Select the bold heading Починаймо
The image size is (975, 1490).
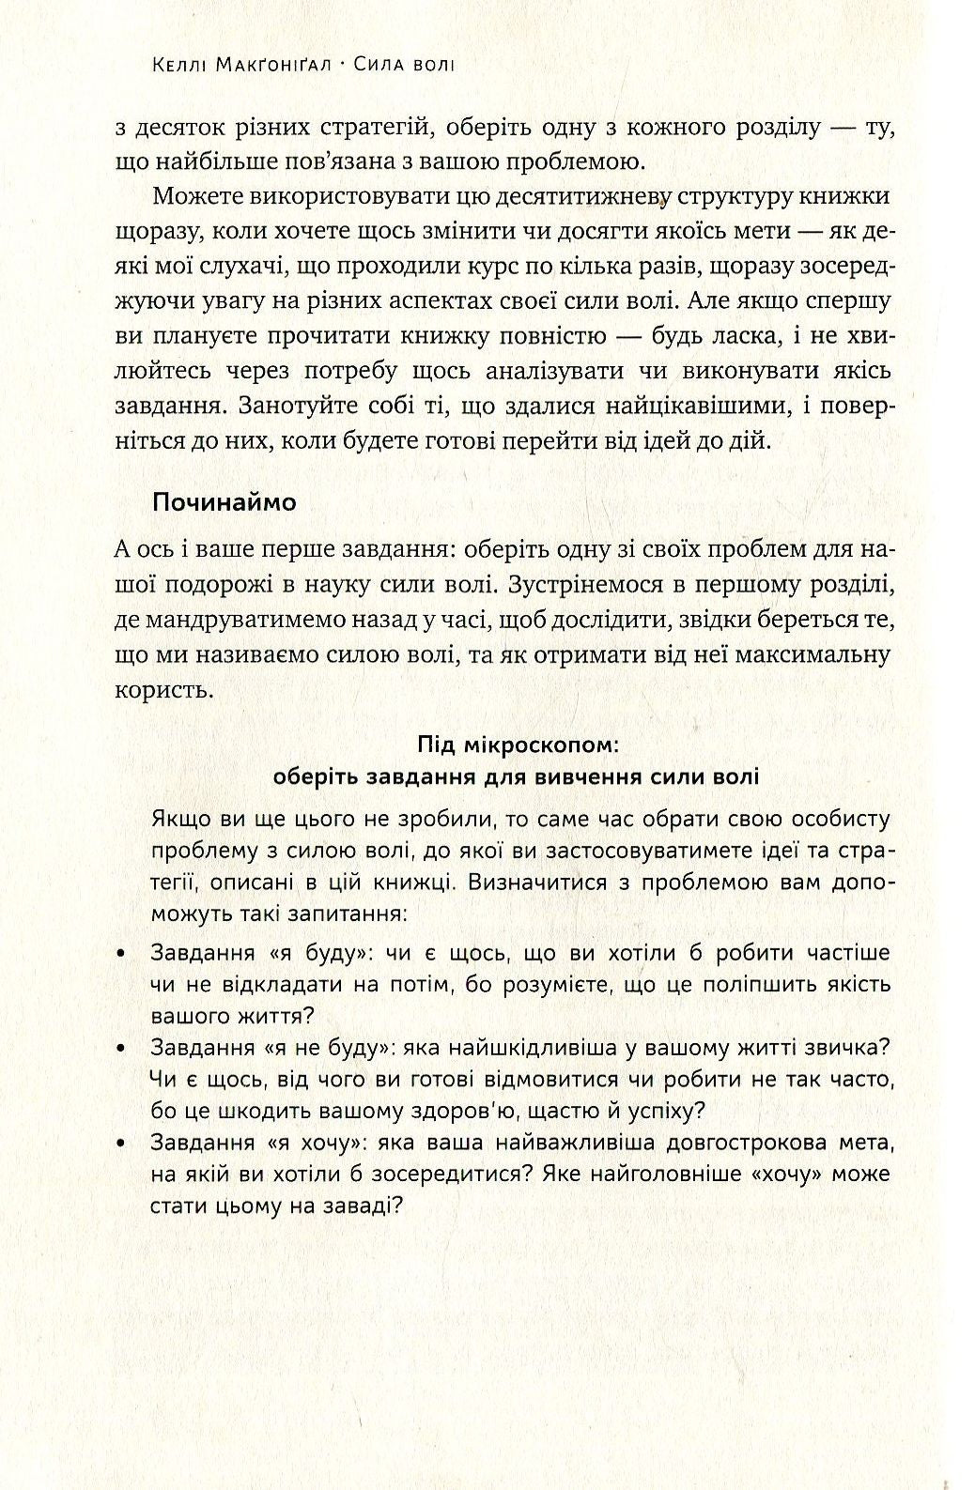pyautogui.click(x=224, y=502)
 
